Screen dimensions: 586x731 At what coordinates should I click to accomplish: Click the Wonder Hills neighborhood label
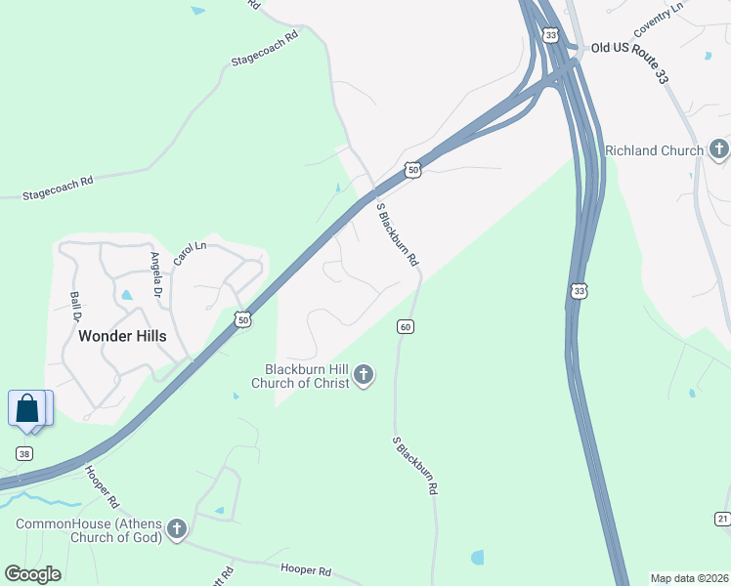pos(122,336)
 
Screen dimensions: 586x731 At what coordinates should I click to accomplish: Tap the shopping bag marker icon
pos(27,408)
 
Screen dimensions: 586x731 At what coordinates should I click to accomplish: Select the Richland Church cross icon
pos(719,149)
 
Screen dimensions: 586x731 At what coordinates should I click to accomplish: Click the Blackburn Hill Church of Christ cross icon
pos(364,375)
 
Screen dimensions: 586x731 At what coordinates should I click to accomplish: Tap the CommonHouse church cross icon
pos(177,529)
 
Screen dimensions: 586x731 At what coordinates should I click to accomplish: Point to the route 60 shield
pos(405,326)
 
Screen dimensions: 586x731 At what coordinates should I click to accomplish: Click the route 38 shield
pos(24,453)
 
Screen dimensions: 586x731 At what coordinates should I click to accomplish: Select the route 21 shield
pos(721,518)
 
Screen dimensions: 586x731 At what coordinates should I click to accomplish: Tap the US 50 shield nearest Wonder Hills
pos(243,319)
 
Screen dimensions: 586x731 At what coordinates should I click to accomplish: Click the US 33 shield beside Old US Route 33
pos(551,36)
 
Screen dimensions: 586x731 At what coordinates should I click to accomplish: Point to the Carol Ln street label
pos(191,254)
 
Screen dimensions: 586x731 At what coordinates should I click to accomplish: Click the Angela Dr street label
pos(155,276)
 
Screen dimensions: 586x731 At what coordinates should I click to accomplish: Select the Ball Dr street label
pos(75,306)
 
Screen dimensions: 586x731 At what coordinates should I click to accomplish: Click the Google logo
pos(32,574)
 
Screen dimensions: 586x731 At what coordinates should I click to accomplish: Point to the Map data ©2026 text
pos(690,577)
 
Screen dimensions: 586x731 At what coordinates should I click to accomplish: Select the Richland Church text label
pos(654,150)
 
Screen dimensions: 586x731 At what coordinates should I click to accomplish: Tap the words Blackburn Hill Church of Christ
pos(307,375)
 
